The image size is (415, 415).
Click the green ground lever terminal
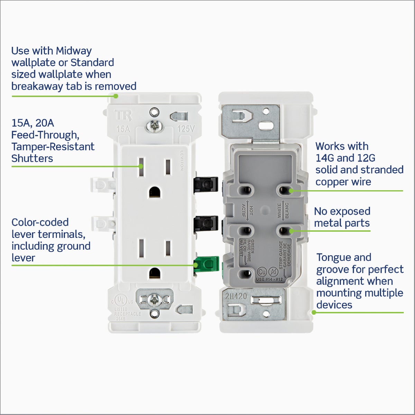206,265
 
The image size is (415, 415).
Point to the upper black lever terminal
206,184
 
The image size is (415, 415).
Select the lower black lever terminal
206,224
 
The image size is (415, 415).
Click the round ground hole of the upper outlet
155,192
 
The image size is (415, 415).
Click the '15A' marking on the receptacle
123,129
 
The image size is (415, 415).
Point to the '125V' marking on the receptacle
186,129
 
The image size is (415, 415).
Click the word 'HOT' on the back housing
251,210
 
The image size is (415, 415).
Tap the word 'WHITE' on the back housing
279,210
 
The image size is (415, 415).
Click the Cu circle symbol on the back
262,272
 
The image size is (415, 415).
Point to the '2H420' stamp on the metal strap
236,296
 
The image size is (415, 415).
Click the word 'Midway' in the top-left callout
74,51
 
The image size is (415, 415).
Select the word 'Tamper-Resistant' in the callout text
53,147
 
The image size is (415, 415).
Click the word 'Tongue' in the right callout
333,258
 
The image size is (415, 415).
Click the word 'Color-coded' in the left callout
40,222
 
